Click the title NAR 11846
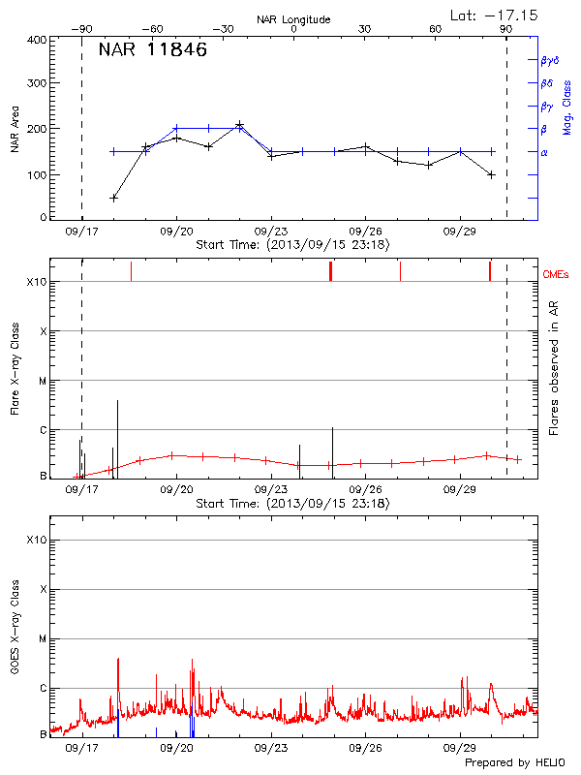[152, 50]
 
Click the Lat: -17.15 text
[495, 14]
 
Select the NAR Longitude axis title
[293, 19]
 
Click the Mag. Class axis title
[567, 107]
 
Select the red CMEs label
[557, 275]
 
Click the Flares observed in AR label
[553, 368]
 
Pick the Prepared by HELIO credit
[513, 763]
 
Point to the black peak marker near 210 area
[239, 125]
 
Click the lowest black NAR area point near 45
[114, 198]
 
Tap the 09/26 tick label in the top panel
[364, 232]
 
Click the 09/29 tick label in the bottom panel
[459, 748]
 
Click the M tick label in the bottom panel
[42, 639]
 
